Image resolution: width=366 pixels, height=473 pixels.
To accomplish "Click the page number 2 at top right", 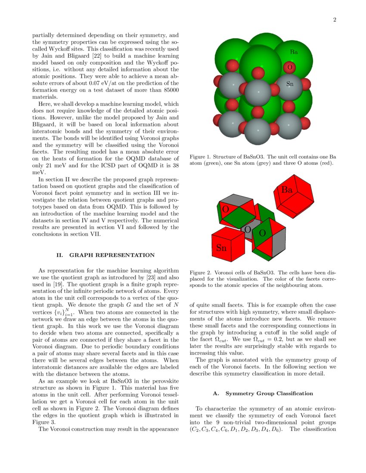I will (334, 20).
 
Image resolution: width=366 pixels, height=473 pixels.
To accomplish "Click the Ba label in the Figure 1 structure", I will (294, 52).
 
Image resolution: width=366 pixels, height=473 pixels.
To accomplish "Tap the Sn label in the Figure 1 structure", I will (290, 84).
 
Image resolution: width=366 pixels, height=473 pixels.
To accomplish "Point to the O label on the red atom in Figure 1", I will (289, 68).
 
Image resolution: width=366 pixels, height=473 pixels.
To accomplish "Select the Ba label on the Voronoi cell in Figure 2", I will (287, 190).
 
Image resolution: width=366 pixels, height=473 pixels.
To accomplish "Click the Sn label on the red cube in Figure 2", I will (221, 248).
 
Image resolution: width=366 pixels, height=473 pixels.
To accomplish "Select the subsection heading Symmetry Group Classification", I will (270, 393).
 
